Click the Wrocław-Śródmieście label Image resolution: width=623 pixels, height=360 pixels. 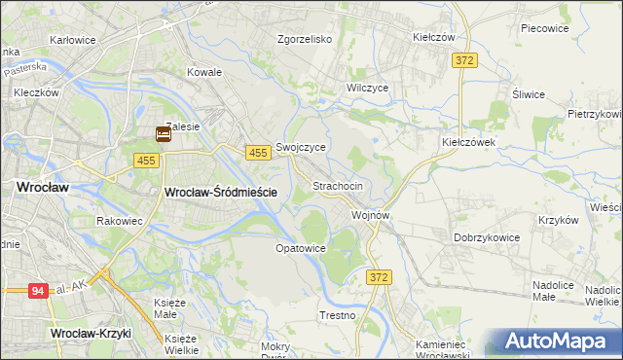(221, 193)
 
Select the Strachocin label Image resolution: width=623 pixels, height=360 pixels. (338, 185)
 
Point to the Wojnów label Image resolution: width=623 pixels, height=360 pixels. (371, 215)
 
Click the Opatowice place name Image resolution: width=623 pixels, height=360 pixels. (300, 248)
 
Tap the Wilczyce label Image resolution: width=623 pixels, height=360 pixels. (368, 88)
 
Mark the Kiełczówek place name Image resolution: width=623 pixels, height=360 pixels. (469, 141)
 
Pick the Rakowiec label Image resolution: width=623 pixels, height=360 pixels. (120, 221)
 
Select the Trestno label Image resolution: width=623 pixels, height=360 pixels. (338, 316)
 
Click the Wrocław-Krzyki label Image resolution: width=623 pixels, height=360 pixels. (90, 333)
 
